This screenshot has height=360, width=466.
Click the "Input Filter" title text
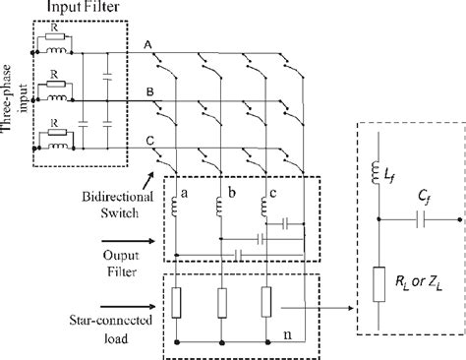83,9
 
